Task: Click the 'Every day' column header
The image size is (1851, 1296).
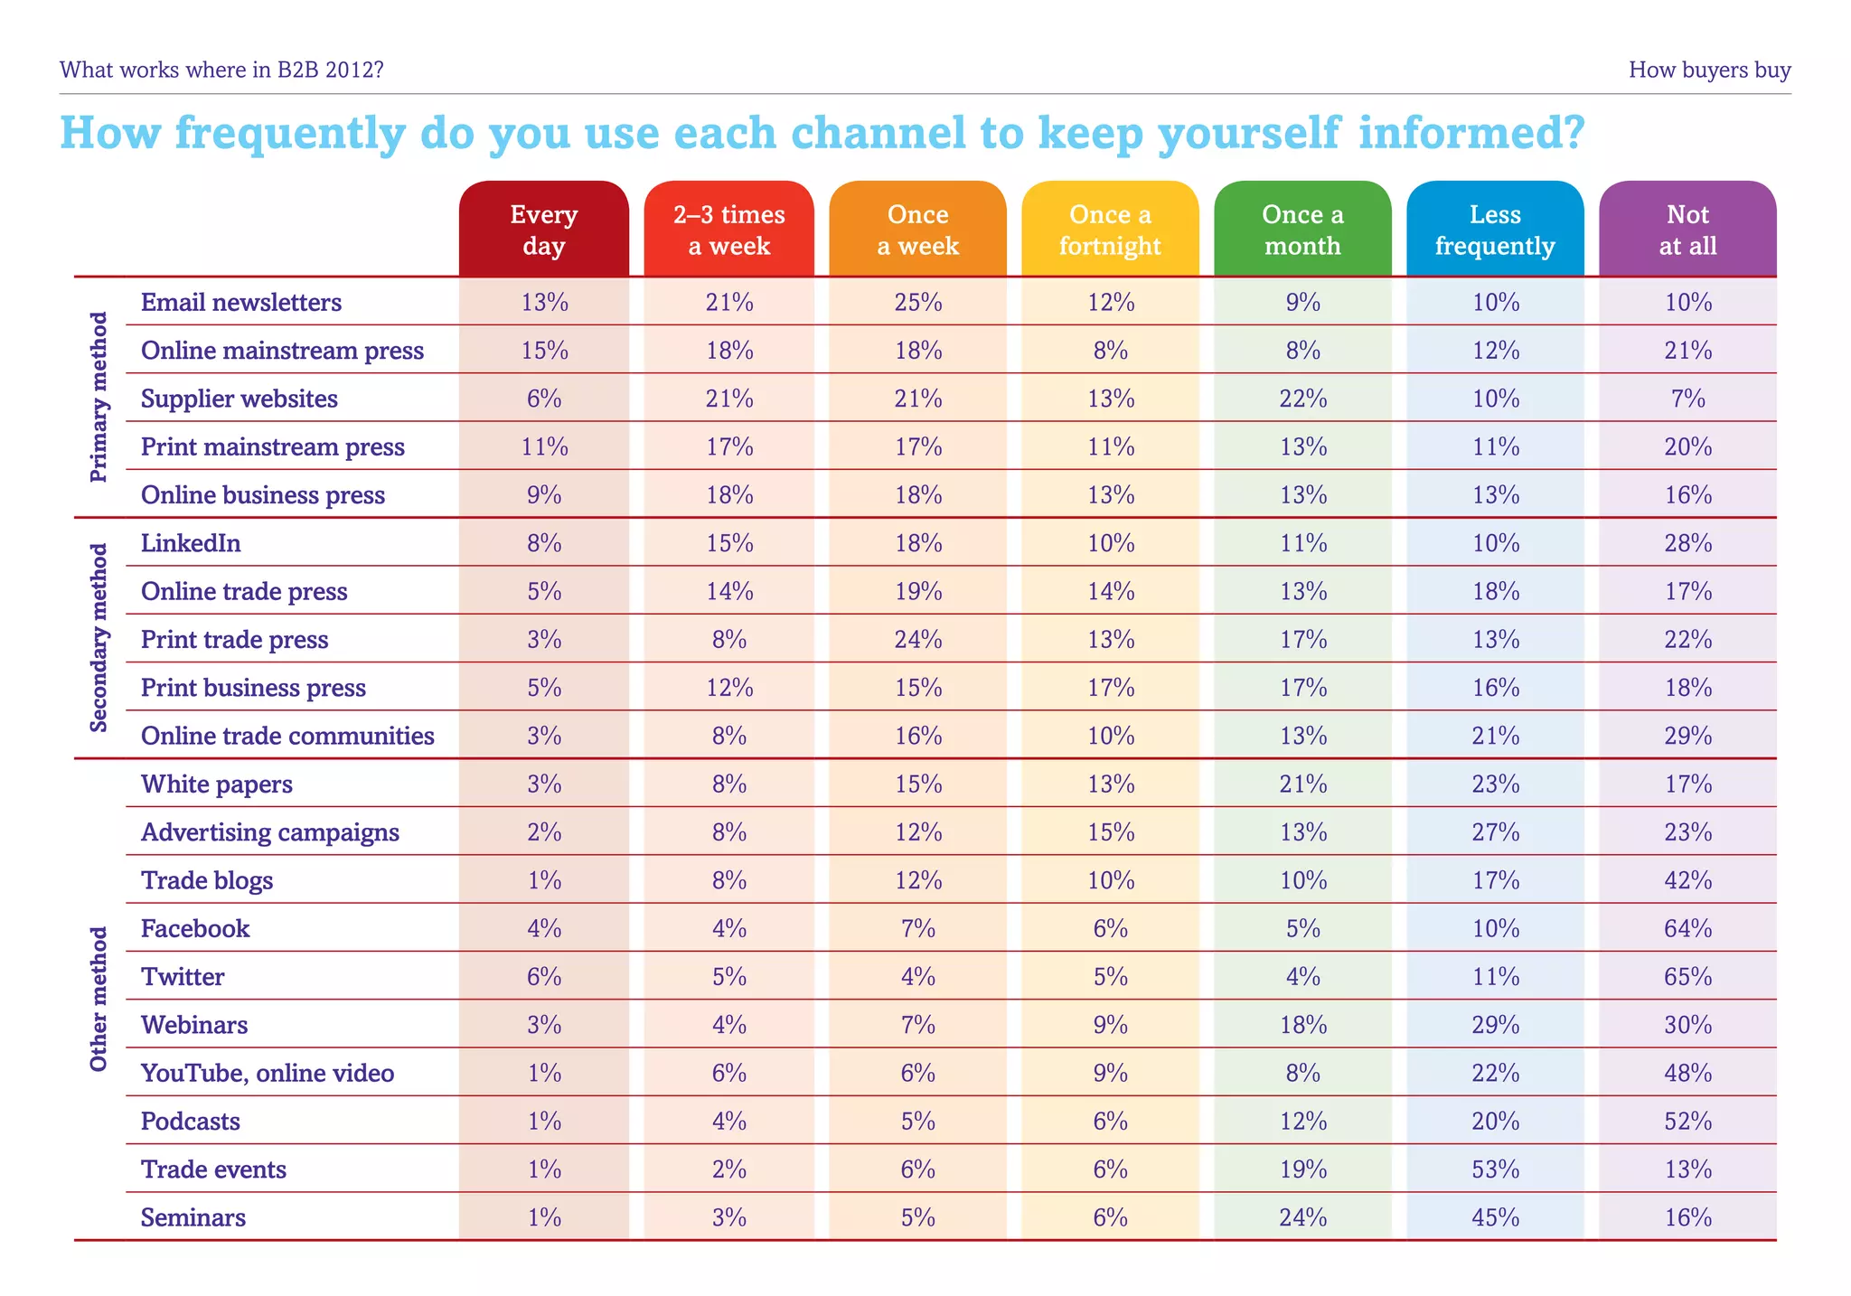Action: click(543, 230)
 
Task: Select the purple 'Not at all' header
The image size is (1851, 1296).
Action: click(1687, 230)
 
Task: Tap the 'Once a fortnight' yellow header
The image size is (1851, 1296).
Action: click(1110, 230)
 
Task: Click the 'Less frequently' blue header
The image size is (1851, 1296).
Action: click(1495, 230)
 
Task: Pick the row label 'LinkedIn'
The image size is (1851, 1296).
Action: click(191, 543)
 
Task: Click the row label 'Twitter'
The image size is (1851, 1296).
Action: click(183, 977)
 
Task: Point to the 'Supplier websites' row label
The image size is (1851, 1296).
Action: click(240, 399)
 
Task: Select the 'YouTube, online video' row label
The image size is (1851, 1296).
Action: click(268, 1073)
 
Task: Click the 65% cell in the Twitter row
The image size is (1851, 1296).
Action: click(1687, 977)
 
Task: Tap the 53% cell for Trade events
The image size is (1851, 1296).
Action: click(1495, 1169)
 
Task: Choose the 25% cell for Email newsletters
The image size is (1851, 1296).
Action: click(918, 303)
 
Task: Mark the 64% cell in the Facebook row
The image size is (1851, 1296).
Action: click(1687, 929)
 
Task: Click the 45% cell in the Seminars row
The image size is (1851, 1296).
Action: click(1495, 1217)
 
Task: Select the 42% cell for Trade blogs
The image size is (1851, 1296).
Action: click(1687, 880)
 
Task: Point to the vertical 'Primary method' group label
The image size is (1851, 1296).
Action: click(99, 397)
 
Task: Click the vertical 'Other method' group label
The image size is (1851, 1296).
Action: click(99, 999)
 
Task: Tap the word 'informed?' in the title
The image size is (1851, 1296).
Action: click(1471, 132)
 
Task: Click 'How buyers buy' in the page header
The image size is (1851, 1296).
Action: click(1709, 70)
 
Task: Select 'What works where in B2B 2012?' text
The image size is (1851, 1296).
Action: click(221, 70)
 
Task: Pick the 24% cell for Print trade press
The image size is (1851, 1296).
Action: click(918, 640)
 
